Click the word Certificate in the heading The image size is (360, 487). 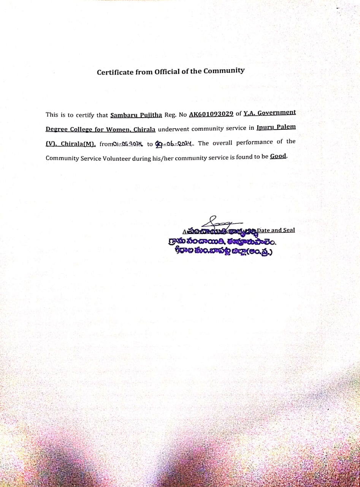[x=115, y=72]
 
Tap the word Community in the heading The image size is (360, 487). [x=224, y=70]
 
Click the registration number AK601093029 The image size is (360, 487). [x=211, y=114]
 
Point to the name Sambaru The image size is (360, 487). [x=125, y=115]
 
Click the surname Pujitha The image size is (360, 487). [x=152, y=115]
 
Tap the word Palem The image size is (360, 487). [x=286, y=127]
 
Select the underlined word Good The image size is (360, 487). [x=278, y=156]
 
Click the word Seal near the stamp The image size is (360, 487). [x=287, y=230]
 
